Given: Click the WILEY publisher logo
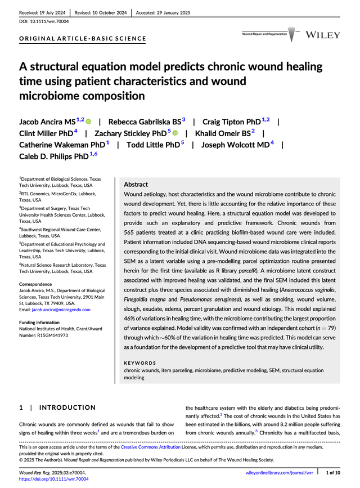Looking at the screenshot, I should (x=323, y=35).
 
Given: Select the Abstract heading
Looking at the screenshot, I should (x=136, y=184).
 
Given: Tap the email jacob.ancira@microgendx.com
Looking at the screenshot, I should (x=55, y=310).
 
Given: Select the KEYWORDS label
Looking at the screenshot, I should (x=140, y=364).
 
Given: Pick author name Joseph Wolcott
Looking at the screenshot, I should (x=235, y=145).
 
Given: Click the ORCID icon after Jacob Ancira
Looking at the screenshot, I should (x=88, y=121).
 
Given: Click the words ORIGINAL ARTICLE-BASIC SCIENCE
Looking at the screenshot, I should (x=83, y=39).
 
